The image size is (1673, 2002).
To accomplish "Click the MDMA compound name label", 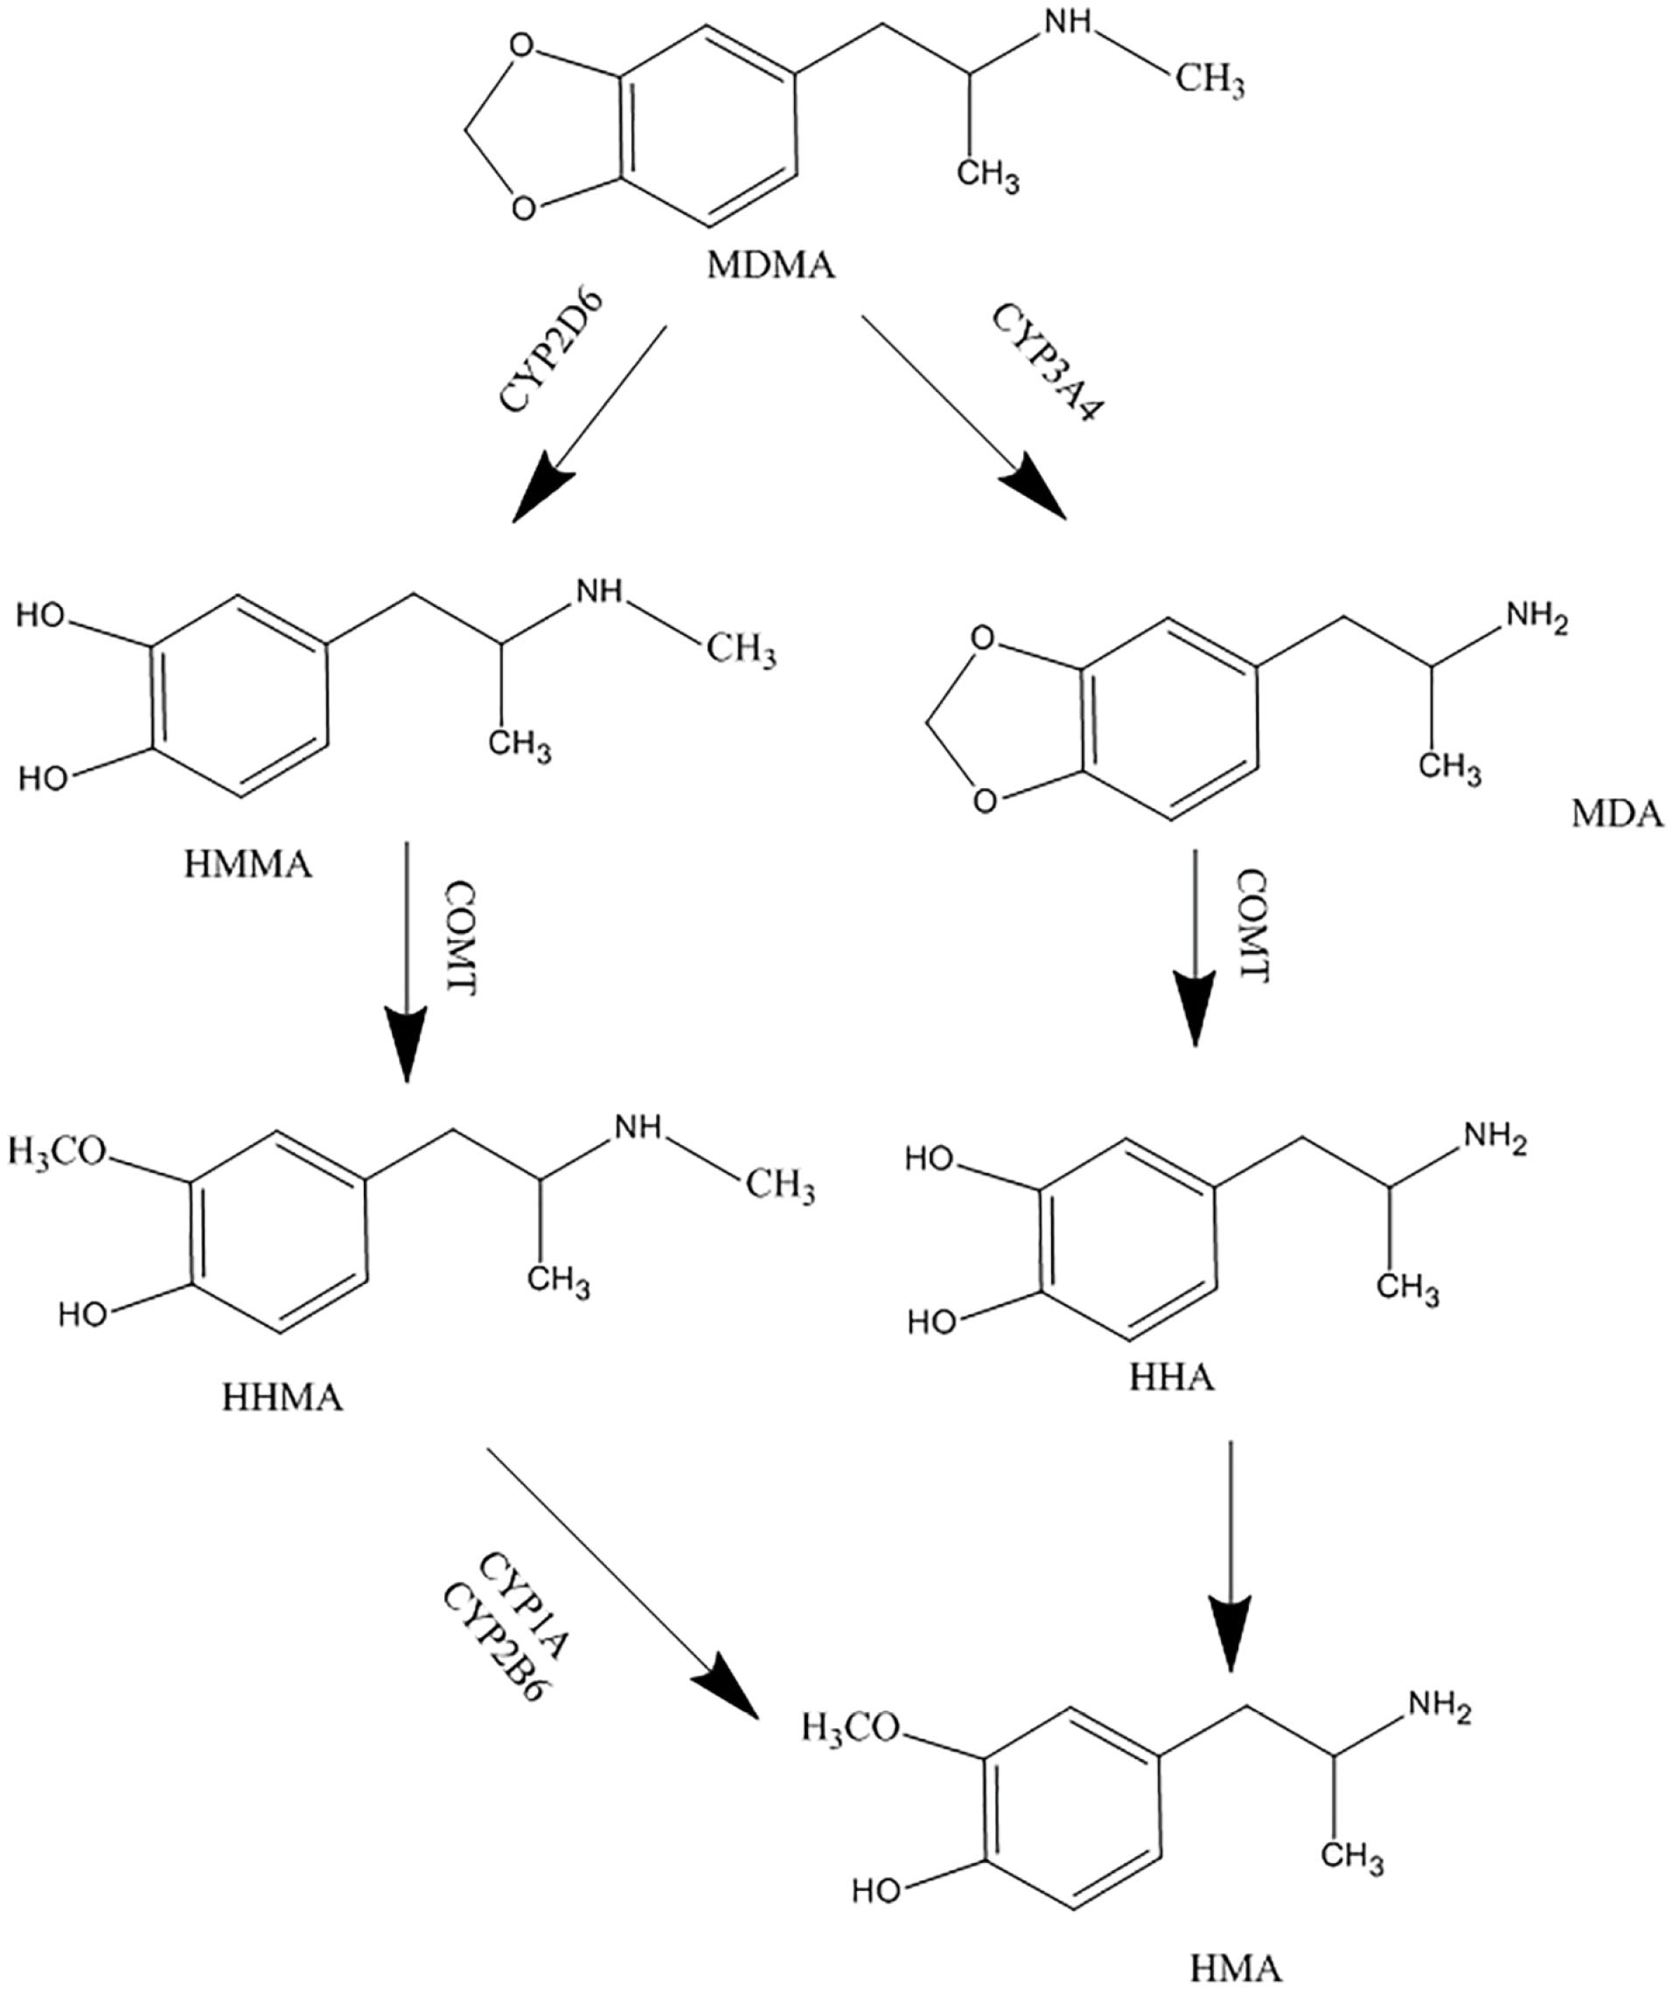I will (x=770, y=265).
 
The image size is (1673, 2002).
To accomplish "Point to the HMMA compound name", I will (x=247, y=866).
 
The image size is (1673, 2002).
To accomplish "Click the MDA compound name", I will (x=1617, y=815).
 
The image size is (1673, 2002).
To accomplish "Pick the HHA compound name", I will (x=1172, y=1378).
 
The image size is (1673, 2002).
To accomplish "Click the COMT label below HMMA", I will (x=459, y=939).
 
